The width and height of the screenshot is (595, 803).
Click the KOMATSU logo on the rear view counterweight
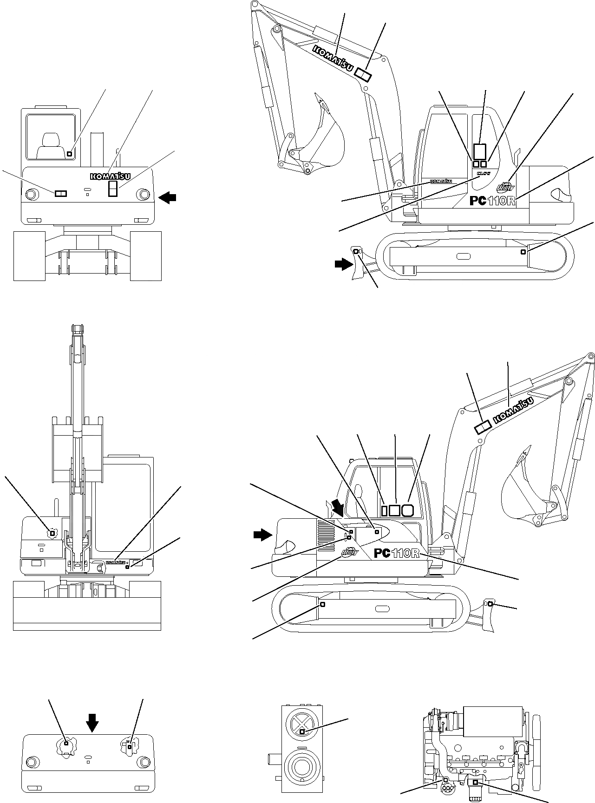[x=111, y=176]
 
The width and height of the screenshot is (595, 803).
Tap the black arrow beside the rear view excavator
[x=167, y=198]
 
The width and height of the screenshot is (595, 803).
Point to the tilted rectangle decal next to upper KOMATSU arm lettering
[x=363, y=74]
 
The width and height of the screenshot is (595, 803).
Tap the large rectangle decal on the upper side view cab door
[x=479, y=152]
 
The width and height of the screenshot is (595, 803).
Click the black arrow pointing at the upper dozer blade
[x=344, y=264]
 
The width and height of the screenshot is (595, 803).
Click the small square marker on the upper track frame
[x=523, y=252]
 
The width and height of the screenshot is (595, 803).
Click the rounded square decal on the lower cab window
[x=407, y=510]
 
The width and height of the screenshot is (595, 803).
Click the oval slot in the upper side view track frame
[x=463, y=255]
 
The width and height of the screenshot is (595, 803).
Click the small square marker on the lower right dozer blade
[x=490, y=603]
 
